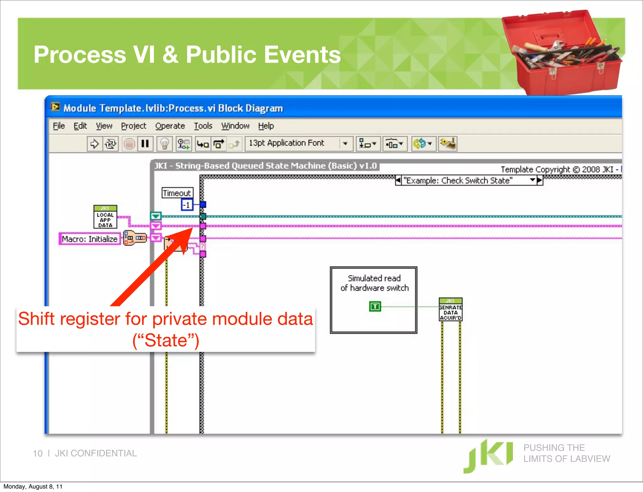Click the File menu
[59, 126]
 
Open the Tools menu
[203, 126]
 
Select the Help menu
[266, 126]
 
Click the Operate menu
[170, 126]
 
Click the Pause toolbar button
[145, 144]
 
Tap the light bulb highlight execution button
[165, 144]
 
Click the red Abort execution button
[129, 144]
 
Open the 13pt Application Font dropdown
[345, 144]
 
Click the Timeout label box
[177, 193]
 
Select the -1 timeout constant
[187, 205]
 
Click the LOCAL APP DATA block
[105, 217]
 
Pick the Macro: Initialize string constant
[89, 239]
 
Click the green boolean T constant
[375, 306]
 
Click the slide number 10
[38, 453]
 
